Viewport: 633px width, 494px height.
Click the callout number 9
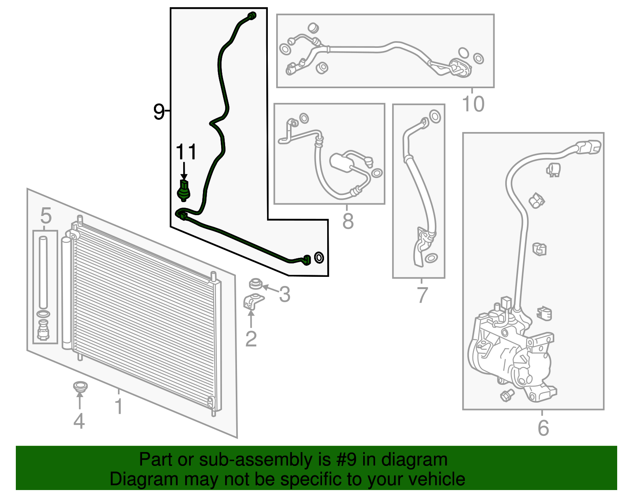coord(159,112)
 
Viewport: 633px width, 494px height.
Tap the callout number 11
coord(186,151)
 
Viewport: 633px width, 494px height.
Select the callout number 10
coord(473,104)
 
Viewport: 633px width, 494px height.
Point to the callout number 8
coord(348,221)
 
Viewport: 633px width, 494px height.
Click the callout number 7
coord(422,295)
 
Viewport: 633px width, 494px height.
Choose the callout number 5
coord(46,216)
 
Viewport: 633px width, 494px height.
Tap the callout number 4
coord(79,421)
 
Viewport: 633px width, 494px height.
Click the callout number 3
coord(284,294)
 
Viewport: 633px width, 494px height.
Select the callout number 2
coord(251,339)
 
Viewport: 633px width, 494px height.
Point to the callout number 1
coord(119,406)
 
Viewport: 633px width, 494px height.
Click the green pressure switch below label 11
coord(184,191)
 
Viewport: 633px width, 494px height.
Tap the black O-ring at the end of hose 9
coord(319,258)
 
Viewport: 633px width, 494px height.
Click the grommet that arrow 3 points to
coord(256,284)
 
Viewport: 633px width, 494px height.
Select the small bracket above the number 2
coord(253,302)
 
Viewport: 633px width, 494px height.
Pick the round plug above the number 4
coord(80,387)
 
